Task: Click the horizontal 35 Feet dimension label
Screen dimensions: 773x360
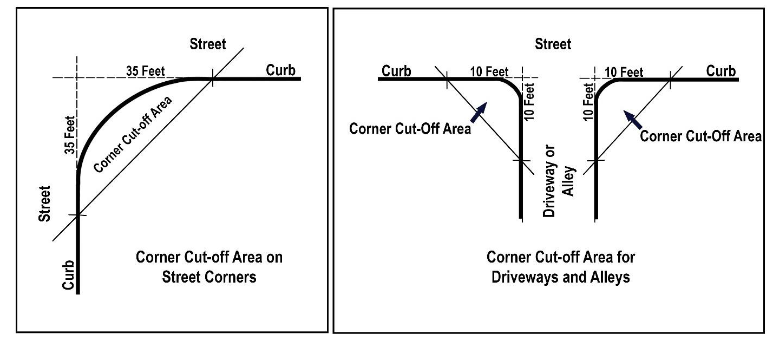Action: [x=145, y=71]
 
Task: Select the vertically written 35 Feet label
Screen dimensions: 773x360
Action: [x=70, y=135]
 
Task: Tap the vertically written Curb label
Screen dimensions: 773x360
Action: [x=68, y=275]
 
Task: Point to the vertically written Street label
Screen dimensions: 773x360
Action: [x=44, y=204]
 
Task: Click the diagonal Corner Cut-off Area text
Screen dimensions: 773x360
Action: [x=133, y=135]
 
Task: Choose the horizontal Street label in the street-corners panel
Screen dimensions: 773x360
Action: [x=208, y=44]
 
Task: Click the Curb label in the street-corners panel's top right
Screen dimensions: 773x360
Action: [x=280, y=70]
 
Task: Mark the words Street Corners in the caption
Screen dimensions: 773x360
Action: [x=209, y=277]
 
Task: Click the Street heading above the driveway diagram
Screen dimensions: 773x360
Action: [x=553, y=44]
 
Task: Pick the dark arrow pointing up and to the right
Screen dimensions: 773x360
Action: [x=479, y=112]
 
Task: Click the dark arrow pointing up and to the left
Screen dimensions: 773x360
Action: [x=633, y=120]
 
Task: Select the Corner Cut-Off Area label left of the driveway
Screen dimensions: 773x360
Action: [x=410, y=129]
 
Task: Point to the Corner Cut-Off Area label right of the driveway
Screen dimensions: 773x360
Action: [x=700, y=136]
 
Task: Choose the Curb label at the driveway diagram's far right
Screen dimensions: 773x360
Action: [x=721, y=71]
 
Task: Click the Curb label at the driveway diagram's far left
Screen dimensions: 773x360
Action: [x=396, y=71]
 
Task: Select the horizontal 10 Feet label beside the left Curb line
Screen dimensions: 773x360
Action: [x=489, y=72]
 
